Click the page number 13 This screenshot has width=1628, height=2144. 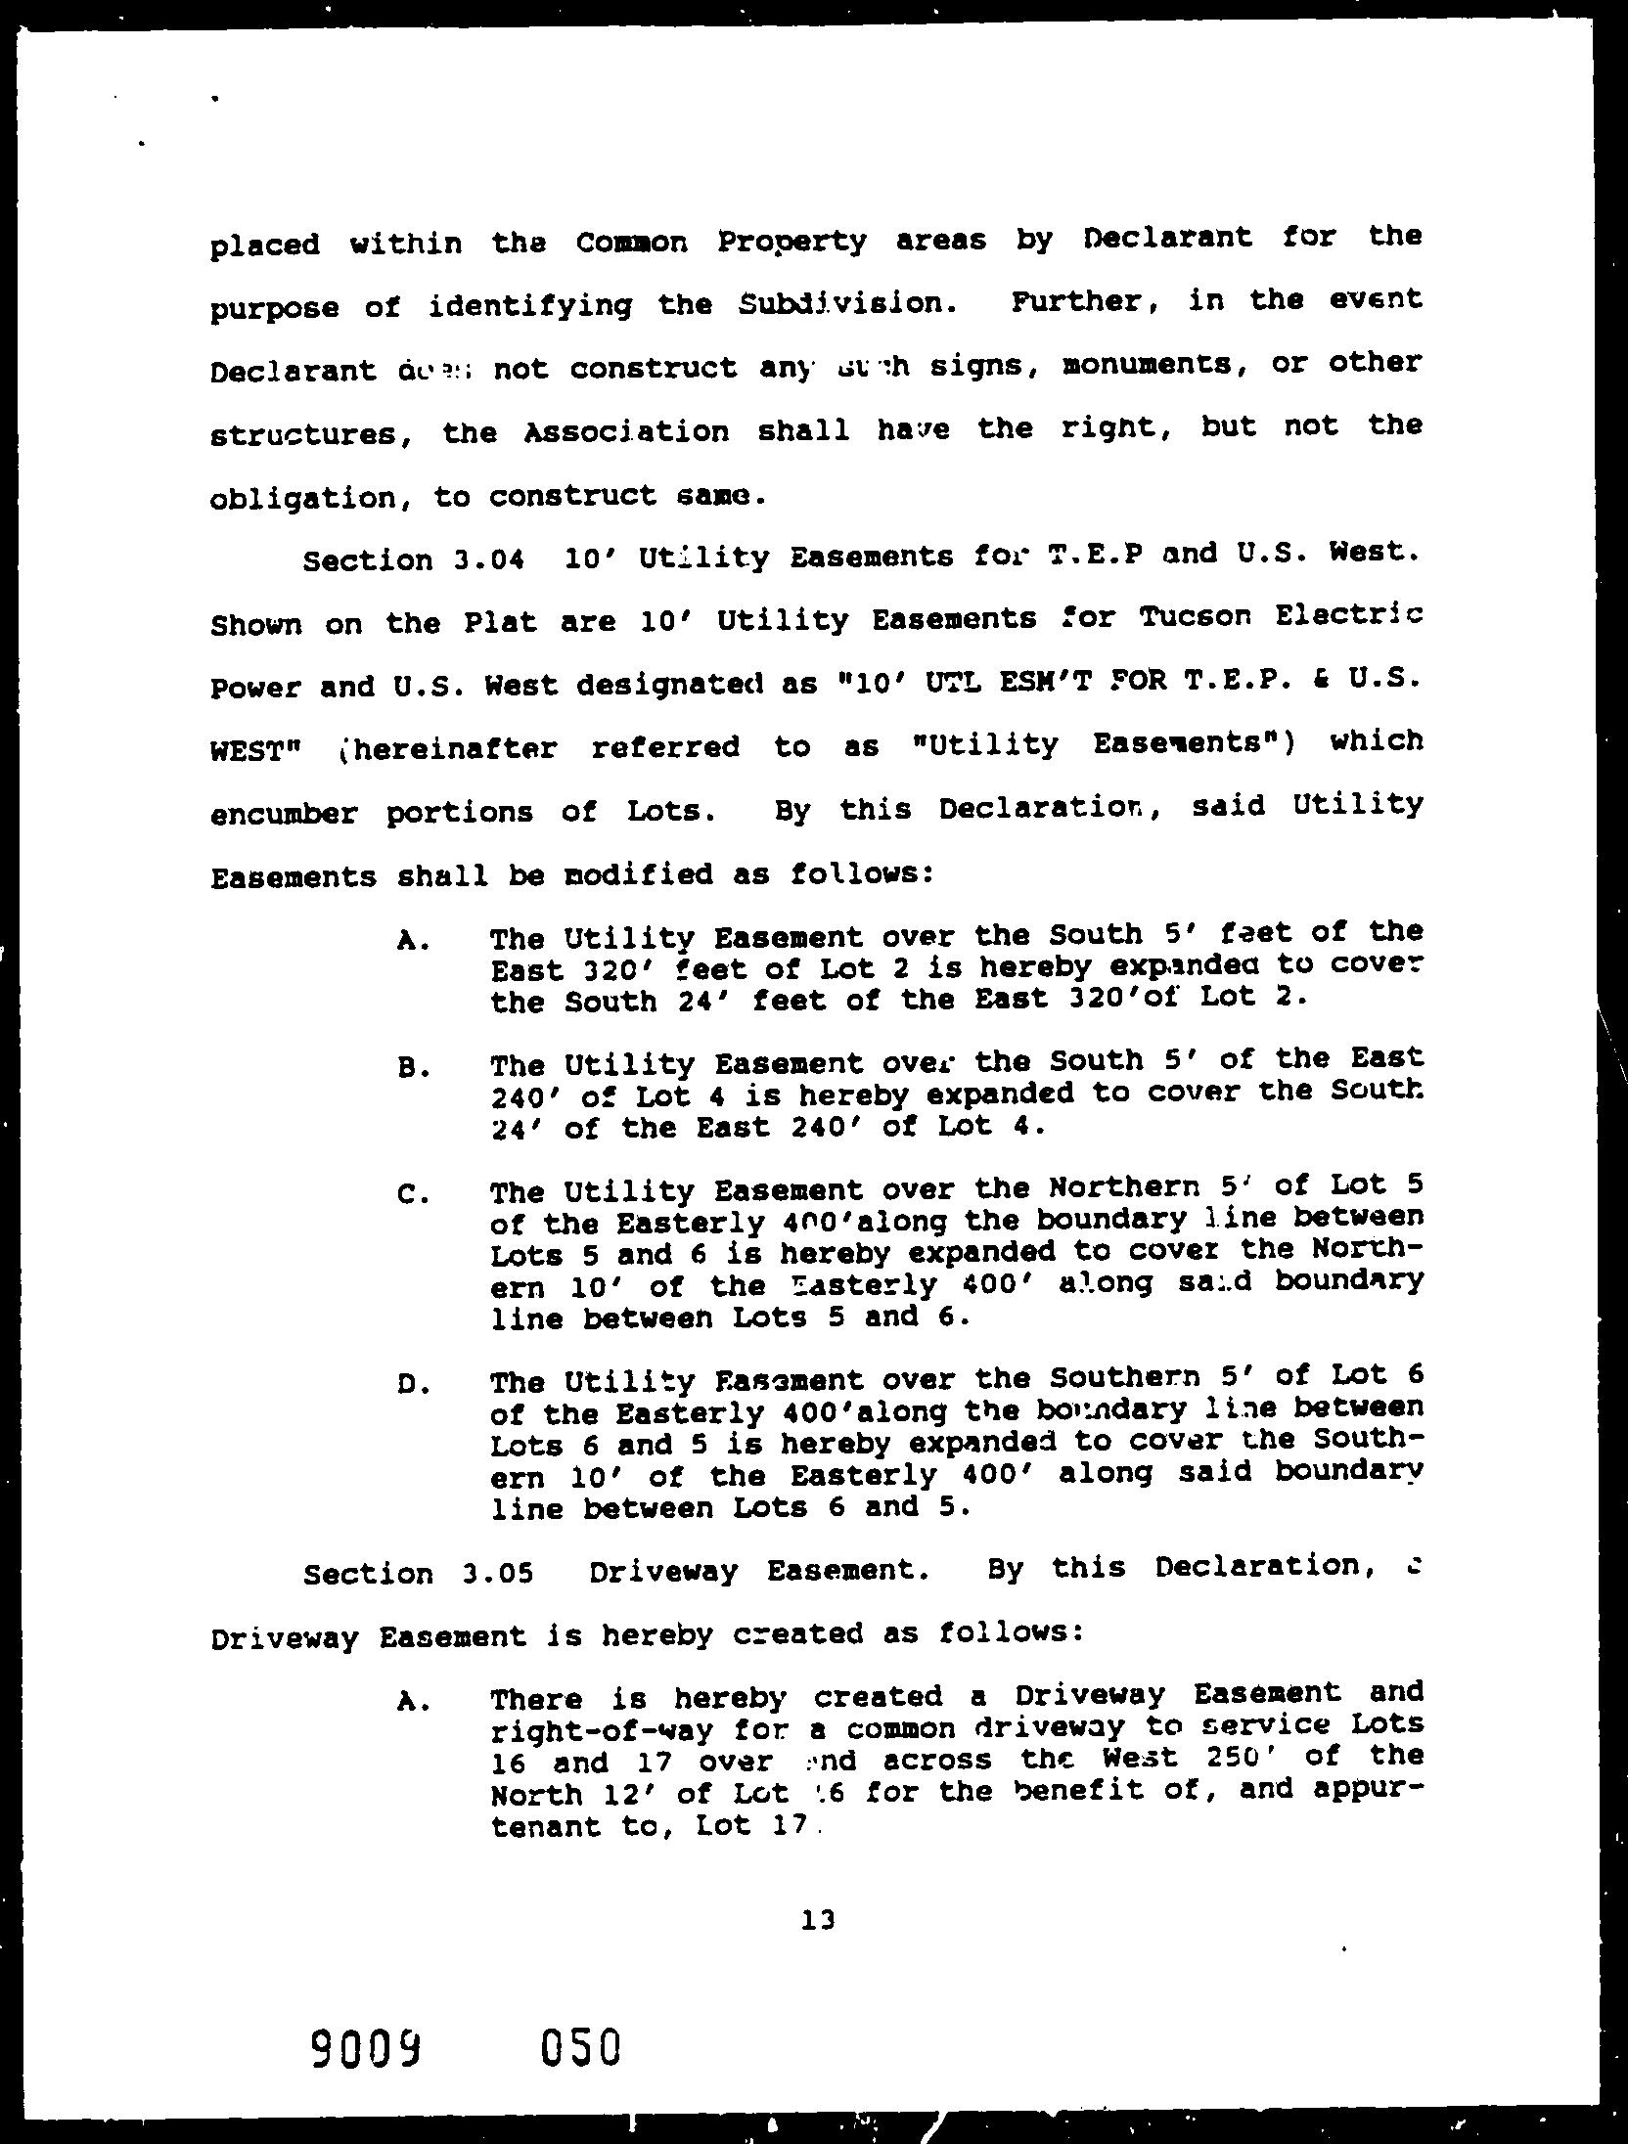pos(817,1920)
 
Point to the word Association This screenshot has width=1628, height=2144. pos(627,431)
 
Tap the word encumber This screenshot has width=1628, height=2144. pos(284,814)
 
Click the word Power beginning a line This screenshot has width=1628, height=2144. pos(253,687)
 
